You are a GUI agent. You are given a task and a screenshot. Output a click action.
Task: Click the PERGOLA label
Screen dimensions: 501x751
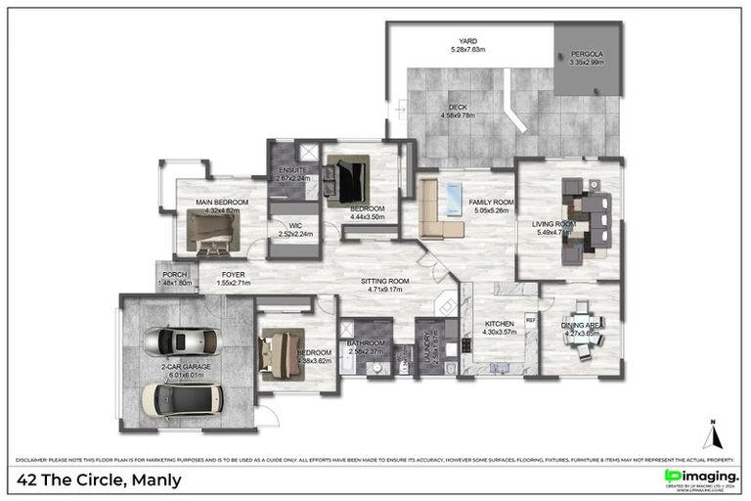tap(587, 57)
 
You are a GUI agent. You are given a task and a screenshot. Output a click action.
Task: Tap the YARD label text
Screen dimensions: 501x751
tap(468, 44)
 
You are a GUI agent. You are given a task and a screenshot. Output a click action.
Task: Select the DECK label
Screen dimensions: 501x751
tap(457, 110)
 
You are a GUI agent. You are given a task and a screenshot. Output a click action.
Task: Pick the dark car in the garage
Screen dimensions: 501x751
tap(182, 397)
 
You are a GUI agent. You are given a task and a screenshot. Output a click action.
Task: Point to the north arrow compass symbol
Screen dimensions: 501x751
tap(711, 433)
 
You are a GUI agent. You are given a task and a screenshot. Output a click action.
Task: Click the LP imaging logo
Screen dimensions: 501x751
tap(700, 478)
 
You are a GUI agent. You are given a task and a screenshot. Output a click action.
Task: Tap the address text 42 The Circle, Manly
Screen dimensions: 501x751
tap(100, 479)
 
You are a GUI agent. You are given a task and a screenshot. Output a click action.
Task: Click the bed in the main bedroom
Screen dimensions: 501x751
tap(213, 232)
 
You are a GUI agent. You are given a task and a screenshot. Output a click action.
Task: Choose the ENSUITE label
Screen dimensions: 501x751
tap(292, 173)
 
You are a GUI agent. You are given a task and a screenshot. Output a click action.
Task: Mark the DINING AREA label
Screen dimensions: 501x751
tap(581, 329)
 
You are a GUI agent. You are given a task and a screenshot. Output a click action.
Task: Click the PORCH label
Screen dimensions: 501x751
tap(175, 279)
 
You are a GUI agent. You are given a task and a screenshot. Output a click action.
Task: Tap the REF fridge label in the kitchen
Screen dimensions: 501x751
tap(531, 318)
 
